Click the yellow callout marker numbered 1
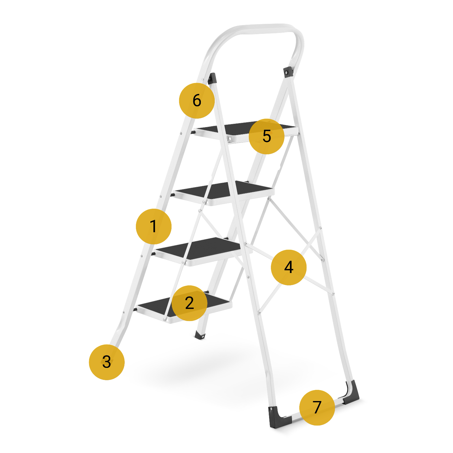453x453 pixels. (x=154, y=226)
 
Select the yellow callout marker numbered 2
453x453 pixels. (x=189, y=303)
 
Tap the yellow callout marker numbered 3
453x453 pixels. (x=107, y=362)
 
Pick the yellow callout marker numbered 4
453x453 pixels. (x=289, y=267)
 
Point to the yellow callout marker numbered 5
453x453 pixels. (x=266, y=136)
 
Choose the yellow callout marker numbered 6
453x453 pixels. (x=197, y=101)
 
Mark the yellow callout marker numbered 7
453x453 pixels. (x=317, y=408)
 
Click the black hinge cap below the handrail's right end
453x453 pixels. (x=288, y=72)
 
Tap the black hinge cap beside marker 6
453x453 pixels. (x=212, y=78)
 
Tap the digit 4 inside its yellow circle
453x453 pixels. (x=289, y=267)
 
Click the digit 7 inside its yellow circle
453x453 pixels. (x=317, y=407)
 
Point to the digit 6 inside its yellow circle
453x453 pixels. (x=197, y=101)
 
